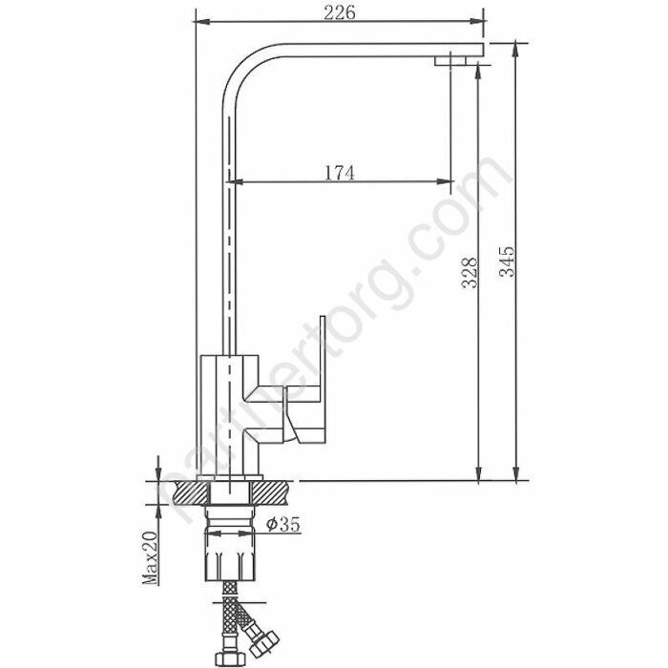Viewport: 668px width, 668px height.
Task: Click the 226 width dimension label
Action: click(340, 12)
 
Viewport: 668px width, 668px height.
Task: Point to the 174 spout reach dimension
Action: click(340, 173)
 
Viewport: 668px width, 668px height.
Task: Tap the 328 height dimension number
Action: click(470, 273)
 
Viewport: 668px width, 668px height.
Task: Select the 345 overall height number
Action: click(507, 261)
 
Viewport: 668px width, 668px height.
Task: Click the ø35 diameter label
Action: click(283, 524)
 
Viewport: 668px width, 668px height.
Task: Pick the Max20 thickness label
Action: click(150, 557)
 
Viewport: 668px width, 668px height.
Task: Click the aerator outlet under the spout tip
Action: click(450, 61)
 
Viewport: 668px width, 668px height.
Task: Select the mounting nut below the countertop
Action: click(230, 543)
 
